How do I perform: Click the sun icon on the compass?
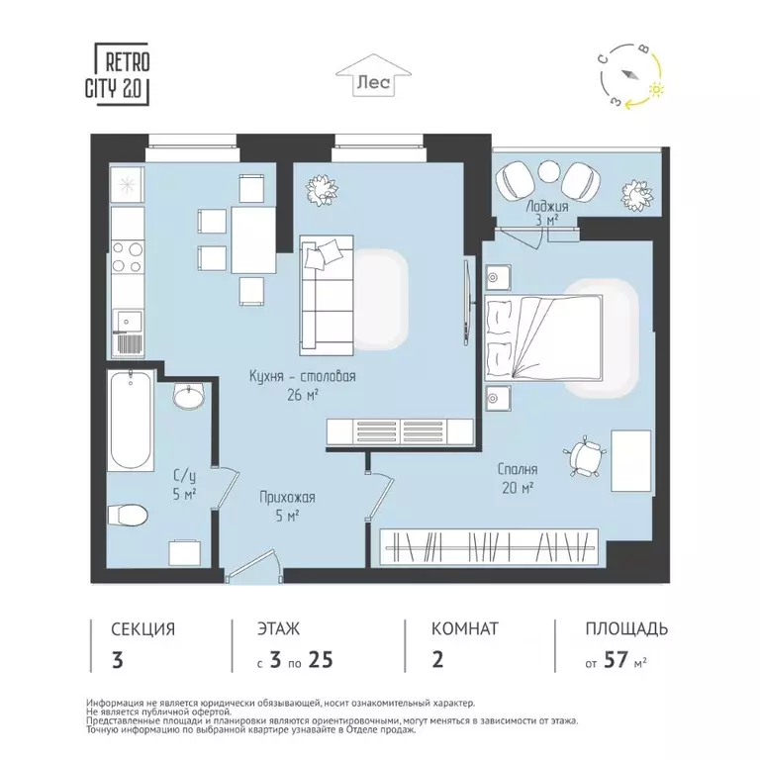click(x=654, y=90)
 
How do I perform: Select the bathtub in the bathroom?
click(x=131, y=421)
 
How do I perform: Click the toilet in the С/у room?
click(x=129, y=515)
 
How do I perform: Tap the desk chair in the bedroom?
click(x=588, y=455)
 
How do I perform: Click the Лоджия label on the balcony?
click(x=546, y=209)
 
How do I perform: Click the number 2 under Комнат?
click(x=437, y=660)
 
